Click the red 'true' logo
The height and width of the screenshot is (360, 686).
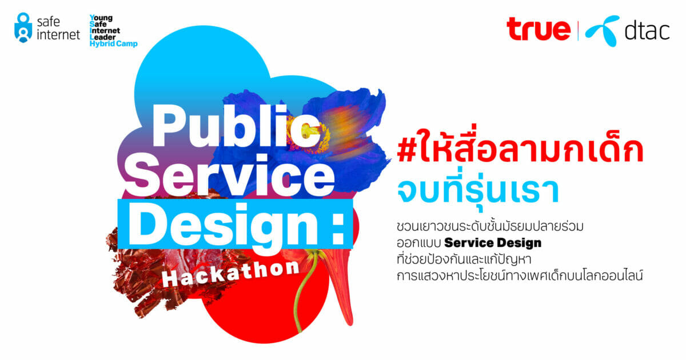click(539, 29)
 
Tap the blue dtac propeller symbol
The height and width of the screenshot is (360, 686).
click(603, 31)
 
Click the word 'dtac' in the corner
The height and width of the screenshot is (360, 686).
click(647, 31)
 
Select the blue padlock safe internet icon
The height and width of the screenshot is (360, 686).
click(23, 27)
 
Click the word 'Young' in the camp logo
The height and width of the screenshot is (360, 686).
click(101, 18)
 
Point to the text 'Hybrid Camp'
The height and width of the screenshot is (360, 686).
click(113, 43)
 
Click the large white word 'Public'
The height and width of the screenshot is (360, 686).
click(236, 126)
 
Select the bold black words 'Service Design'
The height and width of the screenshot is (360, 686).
click(493, 243)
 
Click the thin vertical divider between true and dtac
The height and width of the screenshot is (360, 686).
click(578, 31)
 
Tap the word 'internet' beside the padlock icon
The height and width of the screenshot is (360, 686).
click(58, 35)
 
